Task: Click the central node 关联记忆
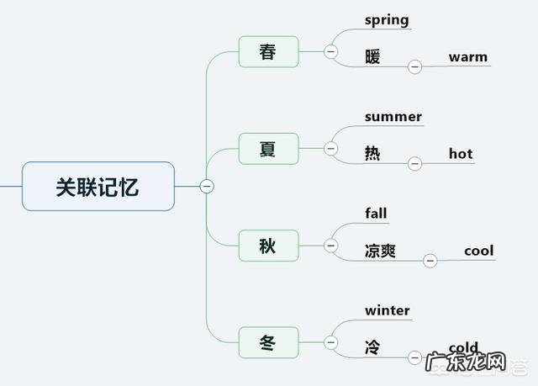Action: [x=98, y=186]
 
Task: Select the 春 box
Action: [x=268, y=52]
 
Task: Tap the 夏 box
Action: [x=268, y=149]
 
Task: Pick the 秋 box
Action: [x=268, y=246]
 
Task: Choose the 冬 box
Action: [x=268, y=342]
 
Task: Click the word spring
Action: [x=387, y=19]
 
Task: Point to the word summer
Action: [x=393, y=116]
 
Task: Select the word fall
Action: [x=376, y=213]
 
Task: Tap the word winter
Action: [x=388, y=310]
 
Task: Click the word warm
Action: [x=467, y=57]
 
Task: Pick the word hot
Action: [x=461, y=154]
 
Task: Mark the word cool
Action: [x=478, y=251]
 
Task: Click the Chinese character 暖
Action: [x=372, y=57]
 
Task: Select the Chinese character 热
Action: [x=372, y=154]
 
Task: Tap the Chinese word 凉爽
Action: [x=380, y=251]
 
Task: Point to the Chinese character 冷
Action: [x=372, y=347]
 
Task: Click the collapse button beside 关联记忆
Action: [x=206, y=186]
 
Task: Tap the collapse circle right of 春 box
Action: [x=330, y=52]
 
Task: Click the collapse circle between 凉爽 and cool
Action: [x=430, y=261]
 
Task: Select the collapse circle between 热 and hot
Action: [x=414, y=164]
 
